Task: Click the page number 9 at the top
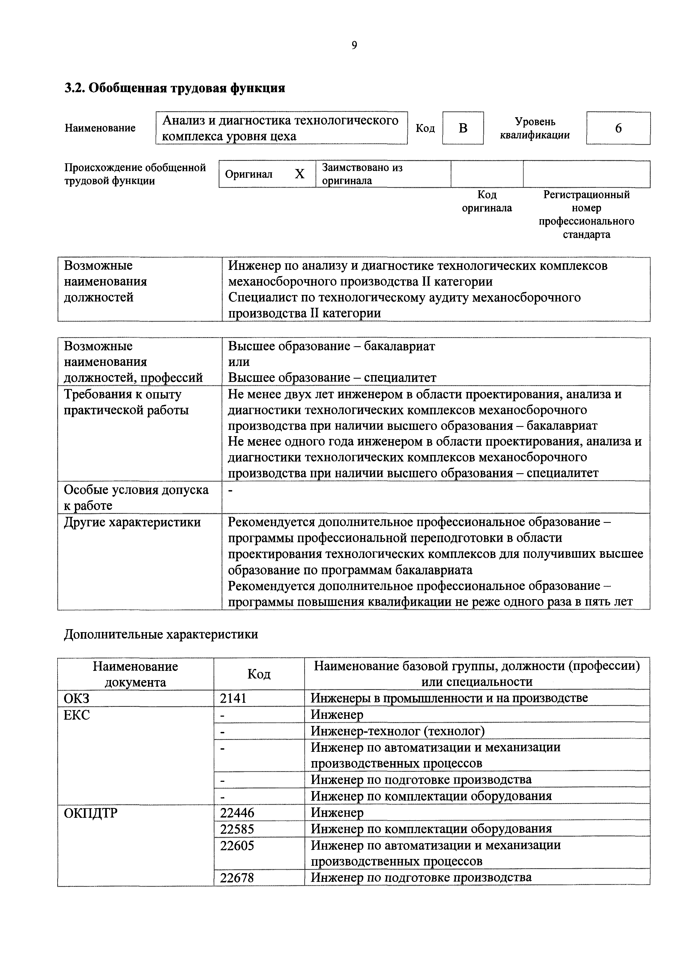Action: pos(354,45)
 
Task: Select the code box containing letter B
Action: pos(463,128)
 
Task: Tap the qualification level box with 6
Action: pos(618,128)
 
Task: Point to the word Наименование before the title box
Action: pos(100,128)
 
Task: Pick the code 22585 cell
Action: pos(237,829)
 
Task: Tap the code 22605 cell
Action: pos(237,845)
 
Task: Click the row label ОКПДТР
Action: pos(91,813)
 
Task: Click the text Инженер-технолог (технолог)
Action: pos(397,731)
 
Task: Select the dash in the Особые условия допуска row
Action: pos(231,490)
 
